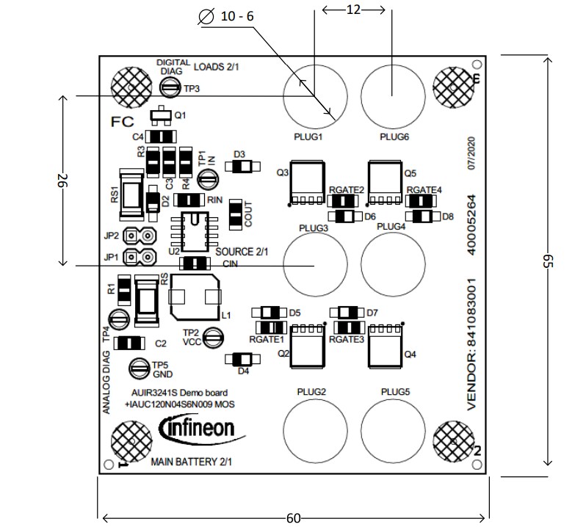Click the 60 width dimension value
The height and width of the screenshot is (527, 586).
click(293, 518)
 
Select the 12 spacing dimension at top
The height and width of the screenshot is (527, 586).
click(353, 9)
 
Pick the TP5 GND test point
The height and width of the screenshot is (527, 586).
click(139, 368)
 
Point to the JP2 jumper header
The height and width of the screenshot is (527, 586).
click(140, 236)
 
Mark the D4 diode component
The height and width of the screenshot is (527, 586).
click(242, 359)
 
